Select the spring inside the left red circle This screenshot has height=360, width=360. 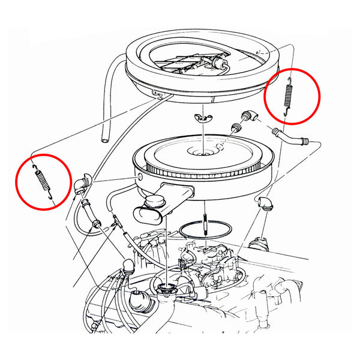[41, 180]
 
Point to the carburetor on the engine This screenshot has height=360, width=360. [207, 264]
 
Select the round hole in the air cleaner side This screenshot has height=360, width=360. [140, 178]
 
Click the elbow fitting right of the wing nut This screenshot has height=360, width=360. [248, 117]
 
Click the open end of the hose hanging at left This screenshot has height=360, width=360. [106, 139]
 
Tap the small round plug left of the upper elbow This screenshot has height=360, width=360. [235, 127]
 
